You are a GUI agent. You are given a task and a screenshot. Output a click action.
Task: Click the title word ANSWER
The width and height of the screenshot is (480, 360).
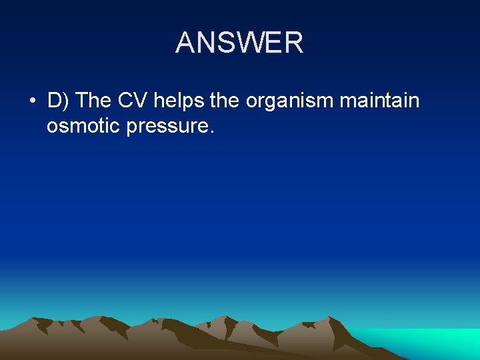tap(239, 43)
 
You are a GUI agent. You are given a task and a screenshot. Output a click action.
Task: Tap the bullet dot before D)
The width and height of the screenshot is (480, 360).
tap(32, 101)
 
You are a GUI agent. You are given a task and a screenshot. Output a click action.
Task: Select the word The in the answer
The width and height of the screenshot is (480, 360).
tap(94, 101)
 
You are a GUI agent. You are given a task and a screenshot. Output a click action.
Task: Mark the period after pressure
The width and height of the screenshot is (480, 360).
tap(212, 132)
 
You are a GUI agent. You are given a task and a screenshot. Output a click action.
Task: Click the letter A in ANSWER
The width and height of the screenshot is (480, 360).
tap(186, 43)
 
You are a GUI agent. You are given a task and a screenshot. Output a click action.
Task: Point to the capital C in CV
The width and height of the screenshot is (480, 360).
tap(125, 101)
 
